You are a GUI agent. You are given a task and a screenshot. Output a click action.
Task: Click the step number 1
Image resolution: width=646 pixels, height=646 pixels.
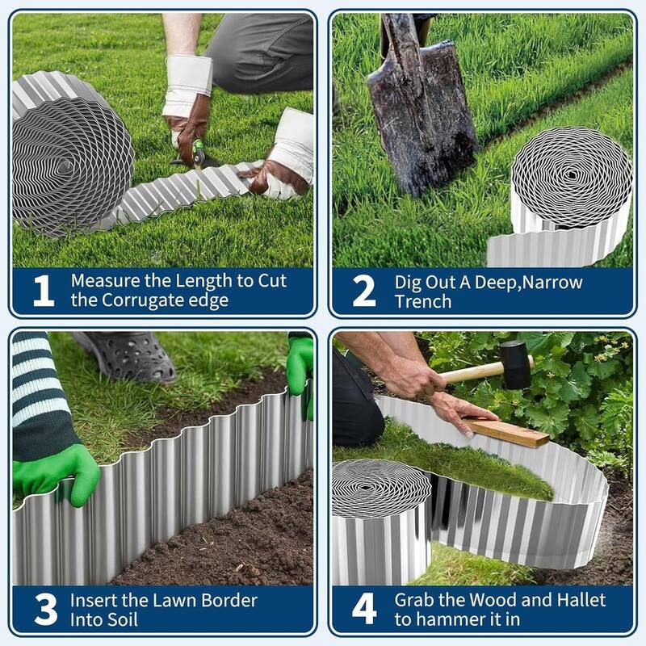pyautogui.click(x=43, y=292)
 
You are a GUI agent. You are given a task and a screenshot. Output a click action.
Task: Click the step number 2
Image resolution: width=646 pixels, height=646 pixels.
pyautogui.click(x=363, y=292)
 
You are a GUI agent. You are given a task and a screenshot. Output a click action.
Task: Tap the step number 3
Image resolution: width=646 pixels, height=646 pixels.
pyautogui.click(x=45, y=610)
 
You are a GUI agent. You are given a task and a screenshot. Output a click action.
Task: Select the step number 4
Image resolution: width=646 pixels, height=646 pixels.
pyautogui.click(x=363, y=610)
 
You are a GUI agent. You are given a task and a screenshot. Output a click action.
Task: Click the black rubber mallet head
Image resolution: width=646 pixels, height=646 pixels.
pyautogui.click(x=514, y=364)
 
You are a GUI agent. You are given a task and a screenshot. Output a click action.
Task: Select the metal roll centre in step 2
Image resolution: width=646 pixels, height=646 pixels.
pyautogui.click(x=572, y=175)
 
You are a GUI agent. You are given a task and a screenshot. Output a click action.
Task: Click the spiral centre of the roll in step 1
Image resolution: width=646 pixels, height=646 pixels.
pyautogui.click(x=65, y=166)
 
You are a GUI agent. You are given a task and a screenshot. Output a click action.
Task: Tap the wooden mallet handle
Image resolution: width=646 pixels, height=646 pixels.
pyautogui.click(x=472, y=372)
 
